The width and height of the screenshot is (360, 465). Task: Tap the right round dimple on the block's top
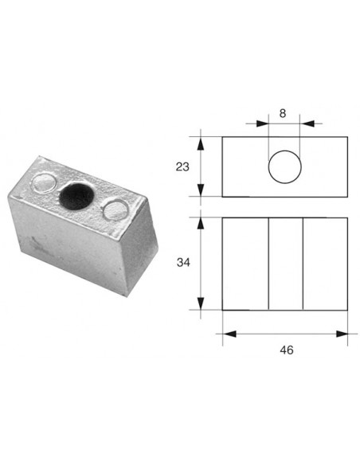click(x=116, y=210)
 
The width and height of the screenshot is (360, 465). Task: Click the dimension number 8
click(x=284, y=113)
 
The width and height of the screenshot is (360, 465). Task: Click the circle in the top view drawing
click(x=284, y=167)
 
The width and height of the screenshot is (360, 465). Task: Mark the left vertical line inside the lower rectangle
click(x=268, y=263)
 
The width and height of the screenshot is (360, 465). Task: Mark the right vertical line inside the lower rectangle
click(x=303, y=263)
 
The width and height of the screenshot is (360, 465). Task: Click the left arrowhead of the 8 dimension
click(x=263, y=124)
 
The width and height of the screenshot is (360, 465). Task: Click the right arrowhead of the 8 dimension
click(x=308, y=124)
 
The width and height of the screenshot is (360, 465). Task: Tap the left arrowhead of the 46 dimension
click(x=227, y=334)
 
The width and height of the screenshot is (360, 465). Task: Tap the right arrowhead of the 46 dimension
click(x=343, y=334)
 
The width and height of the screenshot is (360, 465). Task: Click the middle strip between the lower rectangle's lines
click(x=285, y=263)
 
